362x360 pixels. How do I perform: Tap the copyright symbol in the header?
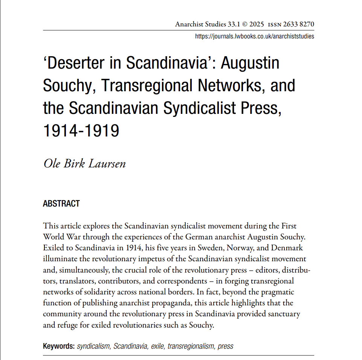(x=244, y=25)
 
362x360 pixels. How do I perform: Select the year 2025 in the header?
(x=257, y=25)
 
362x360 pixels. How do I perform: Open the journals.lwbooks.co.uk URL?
(x=254, y=37)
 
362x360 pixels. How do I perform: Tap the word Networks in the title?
(x=230, y=86)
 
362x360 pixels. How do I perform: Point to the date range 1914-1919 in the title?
(x=81, y=130)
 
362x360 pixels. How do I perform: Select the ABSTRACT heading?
(x=61, y=204)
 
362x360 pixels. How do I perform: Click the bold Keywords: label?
(x=59, y=346)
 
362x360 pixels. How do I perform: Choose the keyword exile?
(x=158, y=346)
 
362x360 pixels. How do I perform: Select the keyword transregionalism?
(x=191, y=346)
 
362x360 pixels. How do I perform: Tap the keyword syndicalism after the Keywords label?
(x=93, y=346)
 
